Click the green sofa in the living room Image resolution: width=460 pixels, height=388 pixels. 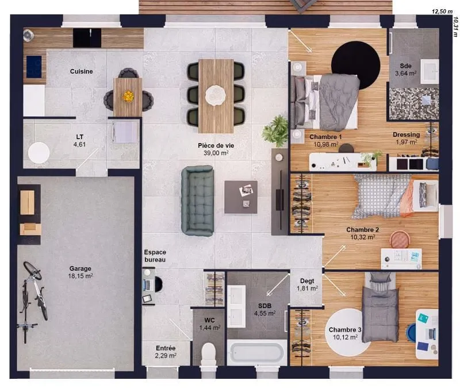tap(197, 201)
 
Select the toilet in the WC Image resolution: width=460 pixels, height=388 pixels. tap(209, 354)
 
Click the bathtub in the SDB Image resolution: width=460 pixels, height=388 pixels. tap(257, 352)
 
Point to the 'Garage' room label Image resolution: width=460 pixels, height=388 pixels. tap(80, 268)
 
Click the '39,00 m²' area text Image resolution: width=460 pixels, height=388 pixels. tap(216, 153)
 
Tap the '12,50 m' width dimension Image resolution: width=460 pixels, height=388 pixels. tap(442, 11)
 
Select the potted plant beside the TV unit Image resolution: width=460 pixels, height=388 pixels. tap(275, 131)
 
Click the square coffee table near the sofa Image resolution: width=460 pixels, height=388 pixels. tap(241, 197)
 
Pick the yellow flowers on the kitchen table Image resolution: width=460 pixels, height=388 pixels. tap(128, 95)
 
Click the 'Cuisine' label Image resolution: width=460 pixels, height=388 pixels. tap(81, 71)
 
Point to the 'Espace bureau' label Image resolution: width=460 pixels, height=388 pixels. tap(155, 256)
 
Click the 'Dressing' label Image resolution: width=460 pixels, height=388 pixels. tap(407, 135)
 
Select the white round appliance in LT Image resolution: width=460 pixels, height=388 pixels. tap(39, 153)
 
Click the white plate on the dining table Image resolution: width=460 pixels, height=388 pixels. tap(216, 95)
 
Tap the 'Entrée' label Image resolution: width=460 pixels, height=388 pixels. tap(166, 348)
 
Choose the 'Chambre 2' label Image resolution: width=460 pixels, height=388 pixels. tap(363, 229)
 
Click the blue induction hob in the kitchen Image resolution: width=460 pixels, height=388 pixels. tap(34, 67)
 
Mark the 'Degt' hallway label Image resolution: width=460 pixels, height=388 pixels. tap(307, 281)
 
